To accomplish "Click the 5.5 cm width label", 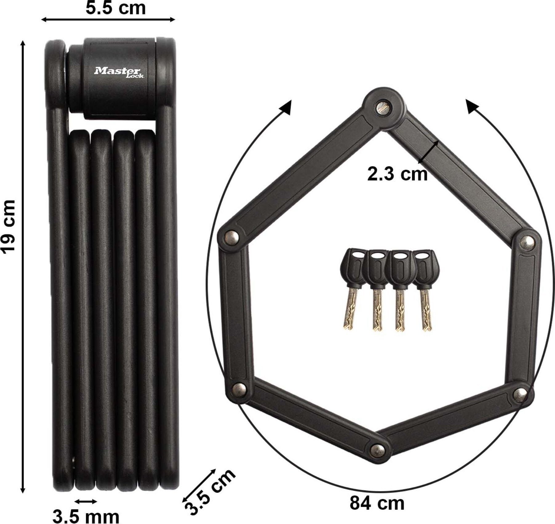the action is click(x=115, y=8).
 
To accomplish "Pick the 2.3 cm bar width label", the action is click(x=397, y=174).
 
